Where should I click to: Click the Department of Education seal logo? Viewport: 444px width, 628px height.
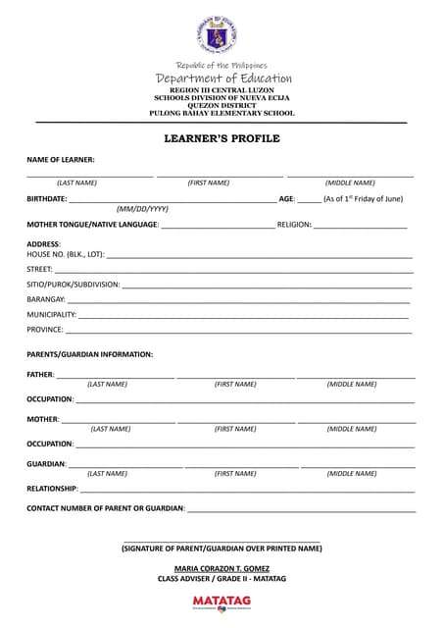point(222,33)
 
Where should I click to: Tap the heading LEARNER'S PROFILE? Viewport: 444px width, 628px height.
point(222,138)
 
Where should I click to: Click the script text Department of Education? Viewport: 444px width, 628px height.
point(222,78)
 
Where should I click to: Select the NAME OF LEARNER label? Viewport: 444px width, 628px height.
point(61,160)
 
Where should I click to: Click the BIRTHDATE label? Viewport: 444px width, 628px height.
point(47,198)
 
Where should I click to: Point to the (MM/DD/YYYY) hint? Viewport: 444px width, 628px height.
point(142,209)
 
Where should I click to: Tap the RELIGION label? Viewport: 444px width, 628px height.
point(294,225)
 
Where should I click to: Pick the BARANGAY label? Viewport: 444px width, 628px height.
point(46,298)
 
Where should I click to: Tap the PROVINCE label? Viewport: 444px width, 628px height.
point(45,330)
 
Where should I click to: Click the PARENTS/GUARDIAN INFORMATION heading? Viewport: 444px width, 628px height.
point(89,354)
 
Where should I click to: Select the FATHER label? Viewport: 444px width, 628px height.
point(40,375)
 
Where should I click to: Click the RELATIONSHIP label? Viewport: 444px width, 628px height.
point(52,488)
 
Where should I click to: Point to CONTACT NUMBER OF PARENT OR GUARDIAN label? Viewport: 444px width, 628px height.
point(106,508)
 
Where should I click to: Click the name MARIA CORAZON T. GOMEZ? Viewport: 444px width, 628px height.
point(222,569)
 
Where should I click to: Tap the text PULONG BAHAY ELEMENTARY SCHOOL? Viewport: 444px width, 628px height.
point(222,114)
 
